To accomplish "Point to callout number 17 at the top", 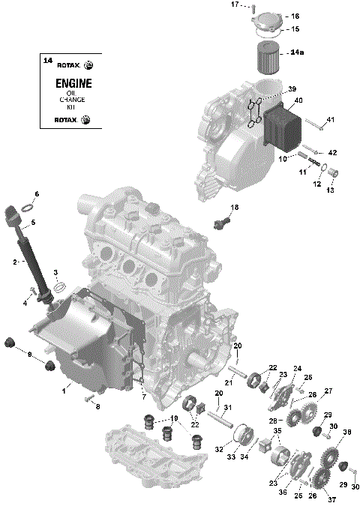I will tap(234, 4).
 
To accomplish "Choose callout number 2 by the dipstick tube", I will tap(14, 262).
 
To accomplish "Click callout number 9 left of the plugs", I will tap(29, 354).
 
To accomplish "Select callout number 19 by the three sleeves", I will tap(173, 418).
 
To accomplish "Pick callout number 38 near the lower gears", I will tap(346, 433).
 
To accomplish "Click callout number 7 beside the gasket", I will tap(143, 395).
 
